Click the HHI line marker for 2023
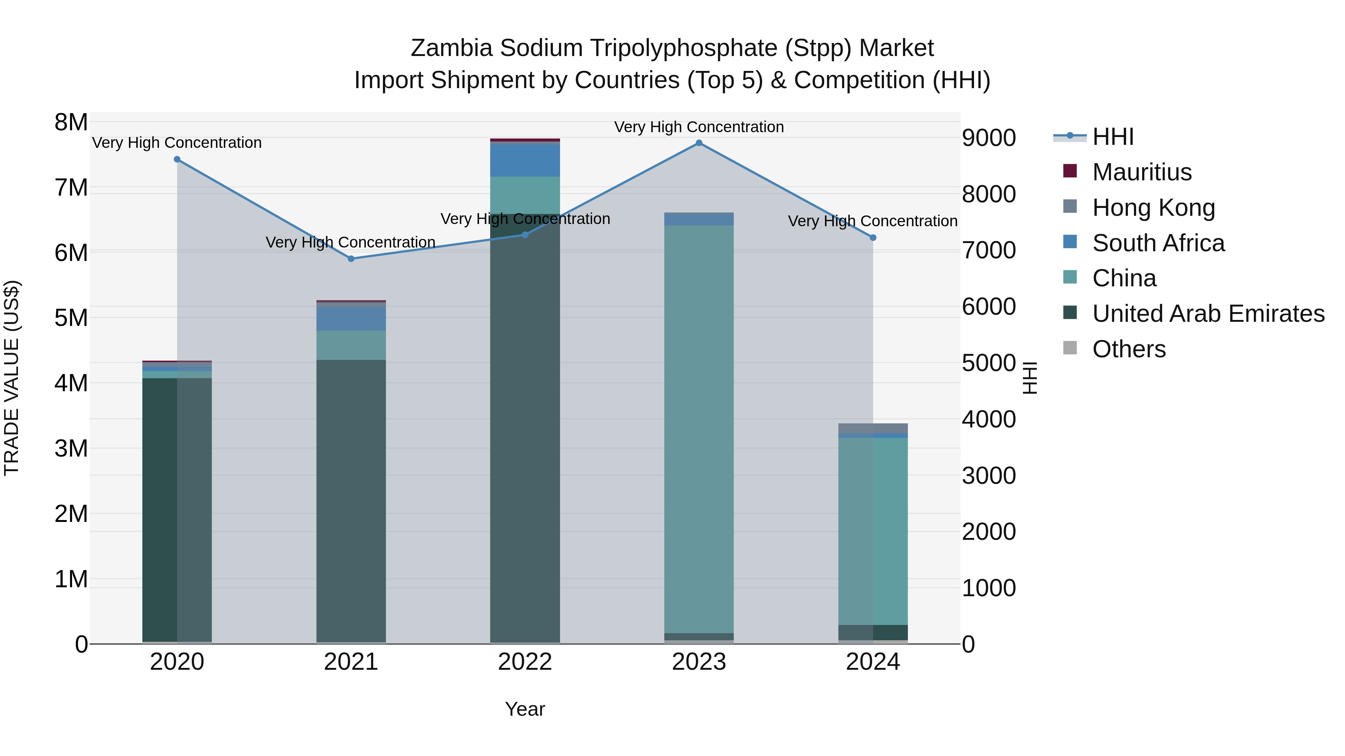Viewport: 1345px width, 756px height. (x=699, y=143)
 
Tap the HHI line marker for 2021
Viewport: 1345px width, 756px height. (x=351, y=259)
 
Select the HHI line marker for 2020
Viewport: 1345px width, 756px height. (x=177, y=159)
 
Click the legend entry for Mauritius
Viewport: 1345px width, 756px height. (x=1141, y=172)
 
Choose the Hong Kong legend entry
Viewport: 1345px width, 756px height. (x=1153, y=208)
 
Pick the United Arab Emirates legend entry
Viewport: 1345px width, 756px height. (x=1208, y=314)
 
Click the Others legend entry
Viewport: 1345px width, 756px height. (x=1128, y=349)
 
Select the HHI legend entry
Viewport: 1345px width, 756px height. (x=1112, y=137)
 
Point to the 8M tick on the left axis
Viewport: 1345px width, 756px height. (x=71, y=122)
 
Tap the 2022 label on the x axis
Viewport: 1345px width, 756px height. (x=525, y=662)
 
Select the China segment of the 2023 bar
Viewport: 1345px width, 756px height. (x=699, y=428)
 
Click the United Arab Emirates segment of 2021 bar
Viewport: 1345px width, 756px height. (x=351, y=501)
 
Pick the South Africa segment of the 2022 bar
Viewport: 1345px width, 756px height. (x=525, y=160)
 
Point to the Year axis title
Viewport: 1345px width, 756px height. (x=525, y=709)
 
